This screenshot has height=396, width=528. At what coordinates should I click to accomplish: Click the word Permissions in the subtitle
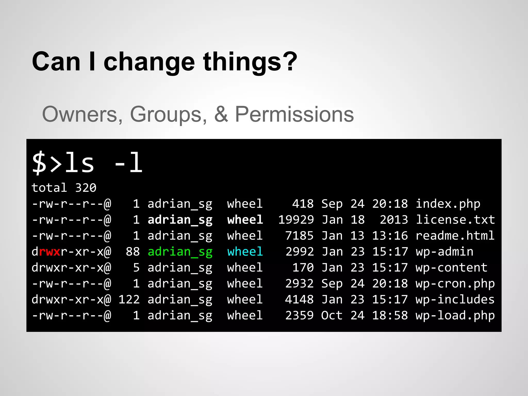[294, 114]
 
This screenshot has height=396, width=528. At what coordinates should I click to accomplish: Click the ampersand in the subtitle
[221, 114]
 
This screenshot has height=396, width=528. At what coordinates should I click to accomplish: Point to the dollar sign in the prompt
[39, 163]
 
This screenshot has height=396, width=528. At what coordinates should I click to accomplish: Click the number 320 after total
[86, 188]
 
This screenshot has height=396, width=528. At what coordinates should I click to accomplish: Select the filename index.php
[448, 204]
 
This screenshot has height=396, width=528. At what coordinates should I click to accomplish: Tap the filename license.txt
[455, 220]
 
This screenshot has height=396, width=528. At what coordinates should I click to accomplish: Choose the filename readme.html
[455, 236]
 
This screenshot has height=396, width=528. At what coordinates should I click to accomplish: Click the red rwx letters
[49, 252]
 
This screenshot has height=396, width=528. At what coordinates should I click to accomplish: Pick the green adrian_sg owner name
[180, 252]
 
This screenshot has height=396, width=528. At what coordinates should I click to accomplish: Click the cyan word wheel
[245, 252]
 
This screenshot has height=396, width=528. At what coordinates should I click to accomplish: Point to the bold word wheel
[245, 220]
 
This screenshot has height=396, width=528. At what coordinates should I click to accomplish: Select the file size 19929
[296, 220]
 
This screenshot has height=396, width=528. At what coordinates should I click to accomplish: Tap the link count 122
[129, 300]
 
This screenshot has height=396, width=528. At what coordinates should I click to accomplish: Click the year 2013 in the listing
[394, 220]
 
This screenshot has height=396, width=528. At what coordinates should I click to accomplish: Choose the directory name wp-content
[451, 268]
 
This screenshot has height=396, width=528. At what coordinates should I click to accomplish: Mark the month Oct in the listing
[332, 316]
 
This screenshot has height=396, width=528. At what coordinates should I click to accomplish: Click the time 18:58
[390, 316]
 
